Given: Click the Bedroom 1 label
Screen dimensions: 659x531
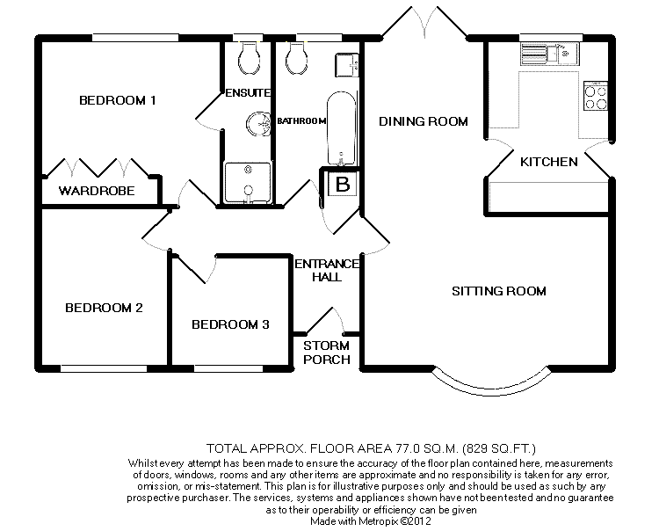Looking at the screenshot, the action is click(x=118, y=100).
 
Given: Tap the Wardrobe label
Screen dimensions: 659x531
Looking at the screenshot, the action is click(x=97, y=190).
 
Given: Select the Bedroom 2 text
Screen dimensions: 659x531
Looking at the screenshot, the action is click(x=104, y=308).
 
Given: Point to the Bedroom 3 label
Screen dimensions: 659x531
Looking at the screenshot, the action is click(x=230, y=324).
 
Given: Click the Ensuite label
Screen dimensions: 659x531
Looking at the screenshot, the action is click(x=249, y=92).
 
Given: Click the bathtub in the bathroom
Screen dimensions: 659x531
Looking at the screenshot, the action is click(x=341, y=127).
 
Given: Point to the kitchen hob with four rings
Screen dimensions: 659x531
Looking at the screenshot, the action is click(x=595, y=95).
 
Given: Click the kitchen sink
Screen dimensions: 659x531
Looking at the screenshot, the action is click(x=550, y=55).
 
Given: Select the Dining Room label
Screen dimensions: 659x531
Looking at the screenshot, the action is click(x=423, y=121).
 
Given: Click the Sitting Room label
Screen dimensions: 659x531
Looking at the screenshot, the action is click(x=499, y=291).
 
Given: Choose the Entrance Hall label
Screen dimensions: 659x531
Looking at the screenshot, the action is click(x=327, y=270).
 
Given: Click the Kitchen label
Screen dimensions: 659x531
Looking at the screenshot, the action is click(x=549, y=162).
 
